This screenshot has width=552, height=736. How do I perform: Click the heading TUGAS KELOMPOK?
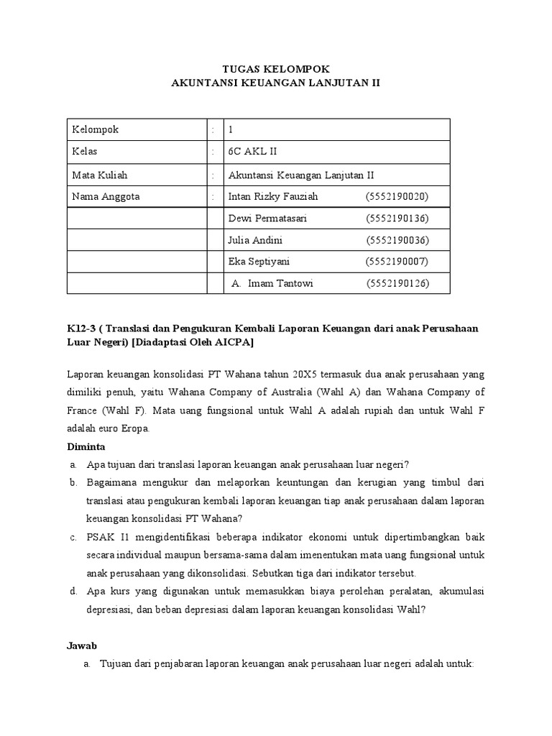click(275, 68)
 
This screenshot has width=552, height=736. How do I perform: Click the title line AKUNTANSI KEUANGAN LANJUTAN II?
click(275, 83)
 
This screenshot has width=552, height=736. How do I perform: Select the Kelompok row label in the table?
click(95, 130)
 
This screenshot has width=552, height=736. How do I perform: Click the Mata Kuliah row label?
click(99, 175)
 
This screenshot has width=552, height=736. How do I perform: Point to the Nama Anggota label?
click(106, 196)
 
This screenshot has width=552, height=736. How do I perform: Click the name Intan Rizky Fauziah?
click(272, 196)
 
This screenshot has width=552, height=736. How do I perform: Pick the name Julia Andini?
click(258, 240)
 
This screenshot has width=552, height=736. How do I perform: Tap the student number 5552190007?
click(397, 262)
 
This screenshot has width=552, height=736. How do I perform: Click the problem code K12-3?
click(81, 328)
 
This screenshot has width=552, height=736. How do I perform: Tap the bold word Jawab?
click(81, 646)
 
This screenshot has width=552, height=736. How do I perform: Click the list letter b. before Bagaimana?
click(73, 482)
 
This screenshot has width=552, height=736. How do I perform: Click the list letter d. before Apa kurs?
click(73, 592)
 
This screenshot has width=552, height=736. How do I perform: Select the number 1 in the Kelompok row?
click(231, 130)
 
